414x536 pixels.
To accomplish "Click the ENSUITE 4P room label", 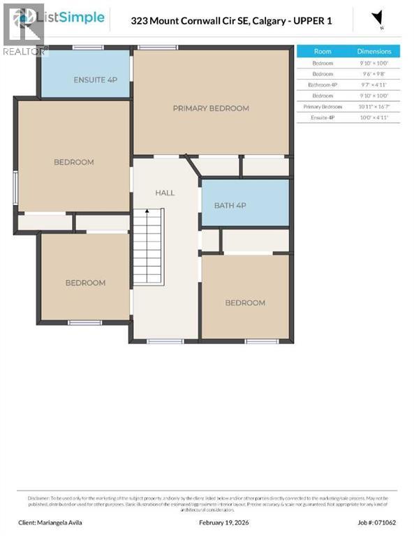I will click(x=95, y=80).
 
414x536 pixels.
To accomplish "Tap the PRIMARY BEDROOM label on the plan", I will click(x=211, y=108).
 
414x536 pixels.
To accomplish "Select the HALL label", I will click(x=165, y=193).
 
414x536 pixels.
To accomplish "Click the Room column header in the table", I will click(x=323, y=52).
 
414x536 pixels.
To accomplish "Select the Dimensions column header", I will click(x=374, y=52).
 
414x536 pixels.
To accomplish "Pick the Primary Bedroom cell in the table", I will click(x=323, y=107).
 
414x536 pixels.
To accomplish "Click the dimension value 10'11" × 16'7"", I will click(x=374, y=107).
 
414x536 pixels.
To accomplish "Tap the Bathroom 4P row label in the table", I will click(x=323, y=84).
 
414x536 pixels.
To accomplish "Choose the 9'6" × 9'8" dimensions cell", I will click(x=374, y=73).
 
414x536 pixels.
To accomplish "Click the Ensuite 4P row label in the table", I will click(x=323, y=118).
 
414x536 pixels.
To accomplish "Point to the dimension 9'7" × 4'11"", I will click(x=374, y=84).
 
